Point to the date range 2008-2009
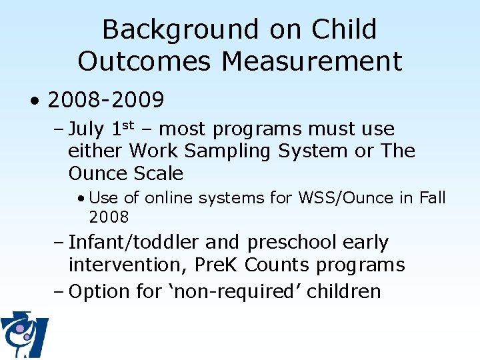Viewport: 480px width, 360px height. tap(106, 100)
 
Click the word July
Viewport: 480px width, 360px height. tap(87, 129)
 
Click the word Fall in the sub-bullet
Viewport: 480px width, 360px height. tap(432, 198)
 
